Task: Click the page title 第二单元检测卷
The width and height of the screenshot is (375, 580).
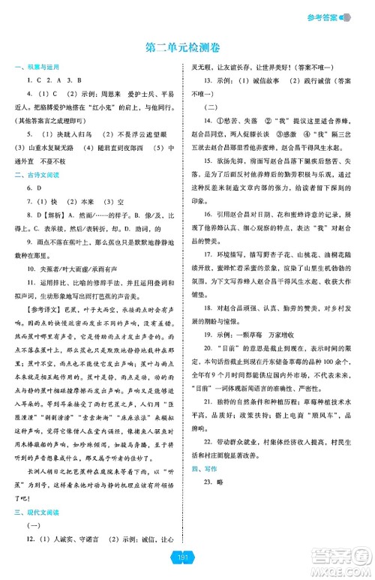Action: tap(186, 47)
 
